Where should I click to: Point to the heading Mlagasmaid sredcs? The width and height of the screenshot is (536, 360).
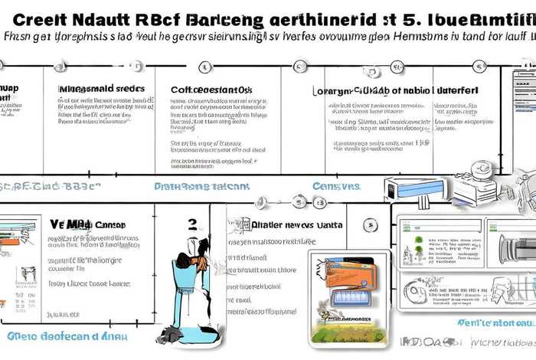coord(102,88)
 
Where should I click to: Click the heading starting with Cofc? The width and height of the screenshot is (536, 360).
coord(211,90)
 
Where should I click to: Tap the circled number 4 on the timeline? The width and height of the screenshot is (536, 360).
coord(204,67)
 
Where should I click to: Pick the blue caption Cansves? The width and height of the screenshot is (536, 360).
coord(336,186)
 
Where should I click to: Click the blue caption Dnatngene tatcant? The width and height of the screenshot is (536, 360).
coord(201,186)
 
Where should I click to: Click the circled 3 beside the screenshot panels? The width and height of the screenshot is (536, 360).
coord(371,225)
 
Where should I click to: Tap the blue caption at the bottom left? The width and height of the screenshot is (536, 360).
coord(67,335)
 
